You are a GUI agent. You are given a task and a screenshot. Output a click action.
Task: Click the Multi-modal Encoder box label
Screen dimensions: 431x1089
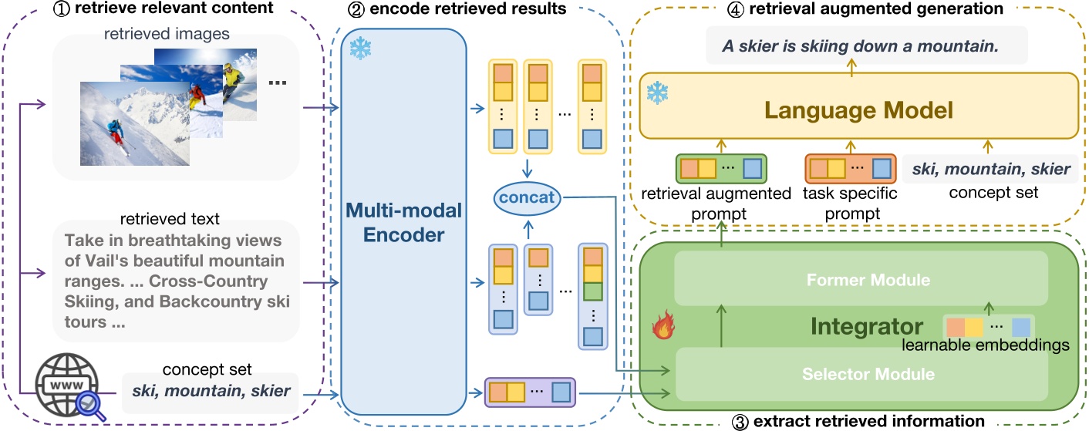(x=403, y=223)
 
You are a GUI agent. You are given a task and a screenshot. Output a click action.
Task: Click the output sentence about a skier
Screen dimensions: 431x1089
(x=860, y=45)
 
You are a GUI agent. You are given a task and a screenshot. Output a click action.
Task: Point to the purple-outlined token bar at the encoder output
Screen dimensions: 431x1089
(x=530, y=392)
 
